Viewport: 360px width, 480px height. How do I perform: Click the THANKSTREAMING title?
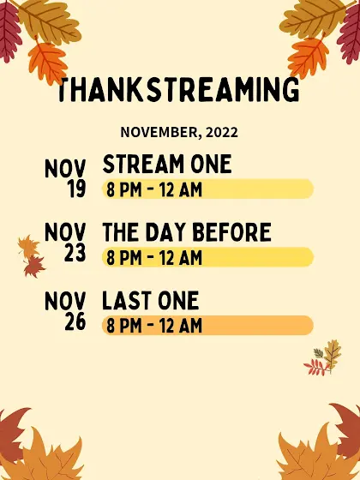coord(178,89)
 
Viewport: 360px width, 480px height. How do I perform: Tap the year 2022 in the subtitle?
coord(222,133)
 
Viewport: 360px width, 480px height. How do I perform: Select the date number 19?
coord(76,189)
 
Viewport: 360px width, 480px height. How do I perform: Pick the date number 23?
coord(75,253)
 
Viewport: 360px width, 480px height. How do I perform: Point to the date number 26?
coord(75,321)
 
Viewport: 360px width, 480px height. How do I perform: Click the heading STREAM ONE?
coord(167,164)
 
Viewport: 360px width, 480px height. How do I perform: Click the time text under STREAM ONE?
coord(154,189)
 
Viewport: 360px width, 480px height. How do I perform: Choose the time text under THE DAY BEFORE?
coord(154,257)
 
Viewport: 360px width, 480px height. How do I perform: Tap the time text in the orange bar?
coord(154,326)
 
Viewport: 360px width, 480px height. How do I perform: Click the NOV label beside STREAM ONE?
coord(65,169)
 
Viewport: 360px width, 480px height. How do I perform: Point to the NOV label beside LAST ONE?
coord(65,301)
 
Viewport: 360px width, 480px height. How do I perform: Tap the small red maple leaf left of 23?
coord(34,267)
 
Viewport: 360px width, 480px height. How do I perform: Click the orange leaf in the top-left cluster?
coord(47,62)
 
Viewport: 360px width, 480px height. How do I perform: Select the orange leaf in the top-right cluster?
coord(308,57)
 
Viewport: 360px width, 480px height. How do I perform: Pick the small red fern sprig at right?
coord(317,367)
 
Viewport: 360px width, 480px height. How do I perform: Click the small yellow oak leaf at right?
coord(333,353)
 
